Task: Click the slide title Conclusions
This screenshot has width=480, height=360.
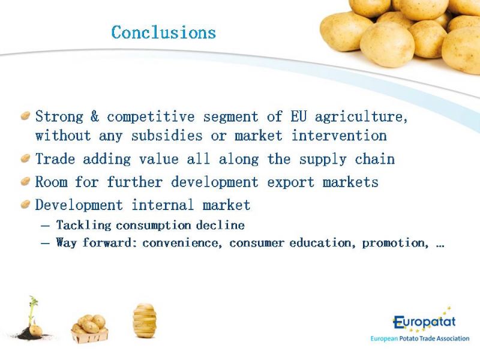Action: (164, 32)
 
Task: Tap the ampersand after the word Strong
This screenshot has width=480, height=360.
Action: (95, 116)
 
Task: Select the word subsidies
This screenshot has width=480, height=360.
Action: (167, 136)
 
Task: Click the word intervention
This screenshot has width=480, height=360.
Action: (339, 136)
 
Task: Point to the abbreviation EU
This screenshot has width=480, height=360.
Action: (299, 116)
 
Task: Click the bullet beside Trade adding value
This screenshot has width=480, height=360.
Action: (25, 158)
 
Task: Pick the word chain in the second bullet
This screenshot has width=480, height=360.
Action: (374, 159)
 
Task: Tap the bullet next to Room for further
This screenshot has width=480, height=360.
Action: (25, 181)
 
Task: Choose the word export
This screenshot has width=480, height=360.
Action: (291, 182)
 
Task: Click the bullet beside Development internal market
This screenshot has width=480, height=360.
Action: (25, 204)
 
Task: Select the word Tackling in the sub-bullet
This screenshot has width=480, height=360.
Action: (83, 226)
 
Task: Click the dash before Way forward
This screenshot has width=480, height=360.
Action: (45, 244)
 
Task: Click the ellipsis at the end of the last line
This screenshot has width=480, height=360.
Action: (440, 246)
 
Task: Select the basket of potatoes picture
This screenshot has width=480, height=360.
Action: (89, 328)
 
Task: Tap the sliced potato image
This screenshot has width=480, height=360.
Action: (145, 320)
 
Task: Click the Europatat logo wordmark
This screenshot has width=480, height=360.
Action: (424, 322)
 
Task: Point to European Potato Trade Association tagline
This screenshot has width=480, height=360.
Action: (419, 338)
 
